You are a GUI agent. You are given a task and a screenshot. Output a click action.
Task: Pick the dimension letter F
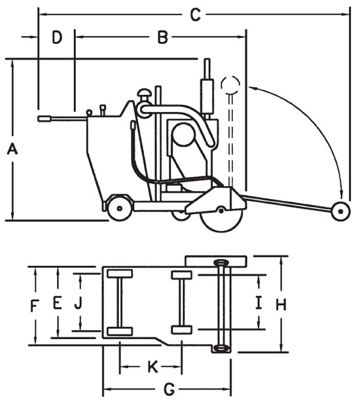pos(35,304)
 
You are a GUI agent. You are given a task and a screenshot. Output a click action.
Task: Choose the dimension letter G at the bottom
pos(168,390)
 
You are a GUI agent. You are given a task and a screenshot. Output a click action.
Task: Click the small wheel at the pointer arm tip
pos(340,211)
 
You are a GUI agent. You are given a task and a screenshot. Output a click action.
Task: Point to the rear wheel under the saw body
pos(118,207)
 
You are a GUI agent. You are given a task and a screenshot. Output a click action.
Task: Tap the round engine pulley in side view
pos(183,136)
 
